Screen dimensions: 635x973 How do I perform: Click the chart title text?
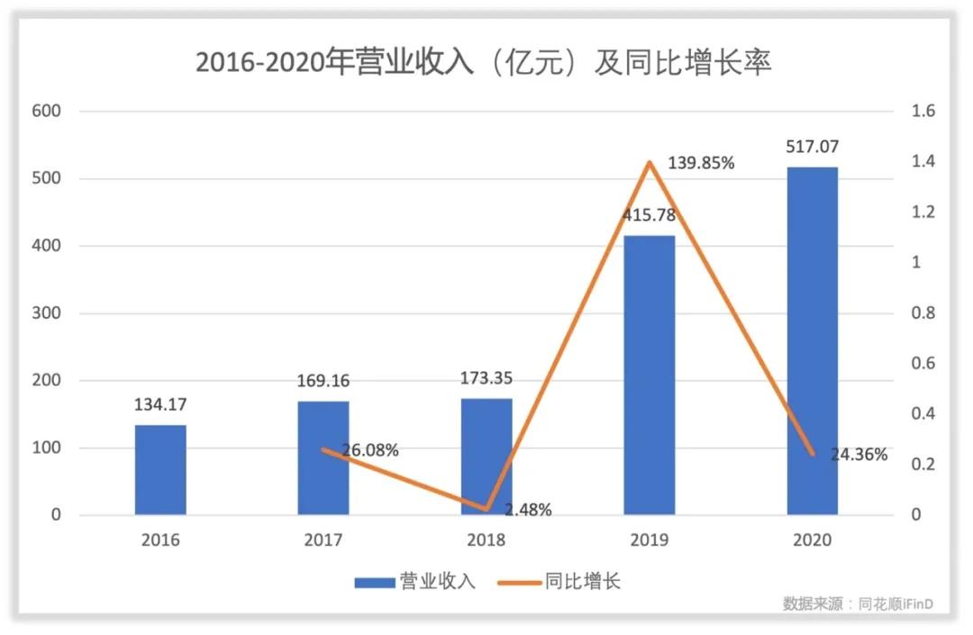[x=484, y=63]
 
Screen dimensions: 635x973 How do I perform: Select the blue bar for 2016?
[x=160, y=470]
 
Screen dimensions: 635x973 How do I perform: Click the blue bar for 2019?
[x=650, y=375]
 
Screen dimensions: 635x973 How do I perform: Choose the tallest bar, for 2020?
[x=813, y=340]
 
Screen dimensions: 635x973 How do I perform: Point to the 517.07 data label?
[x=813, y=146]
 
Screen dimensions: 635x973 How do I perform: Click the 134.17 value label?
[x=160, y=404]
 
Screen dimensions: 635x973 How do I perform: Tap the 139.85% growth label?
[x=701, y=163]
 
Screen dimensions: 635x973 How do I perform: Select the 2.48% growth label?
[x=528, y=510]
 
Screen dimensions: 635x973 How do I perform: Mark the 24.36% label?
[x=859, y=455]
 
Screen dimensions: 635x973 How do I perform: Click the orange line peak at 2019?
[x=650, y=163]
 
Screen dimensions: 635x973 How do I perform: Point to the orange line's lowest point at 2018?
[x=486, y=509]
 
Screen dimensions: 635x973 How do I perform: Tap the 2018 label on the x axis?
[x=486, y=540]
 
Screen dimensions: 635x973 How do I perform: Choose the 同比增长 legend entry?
[x=559, y=582]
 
